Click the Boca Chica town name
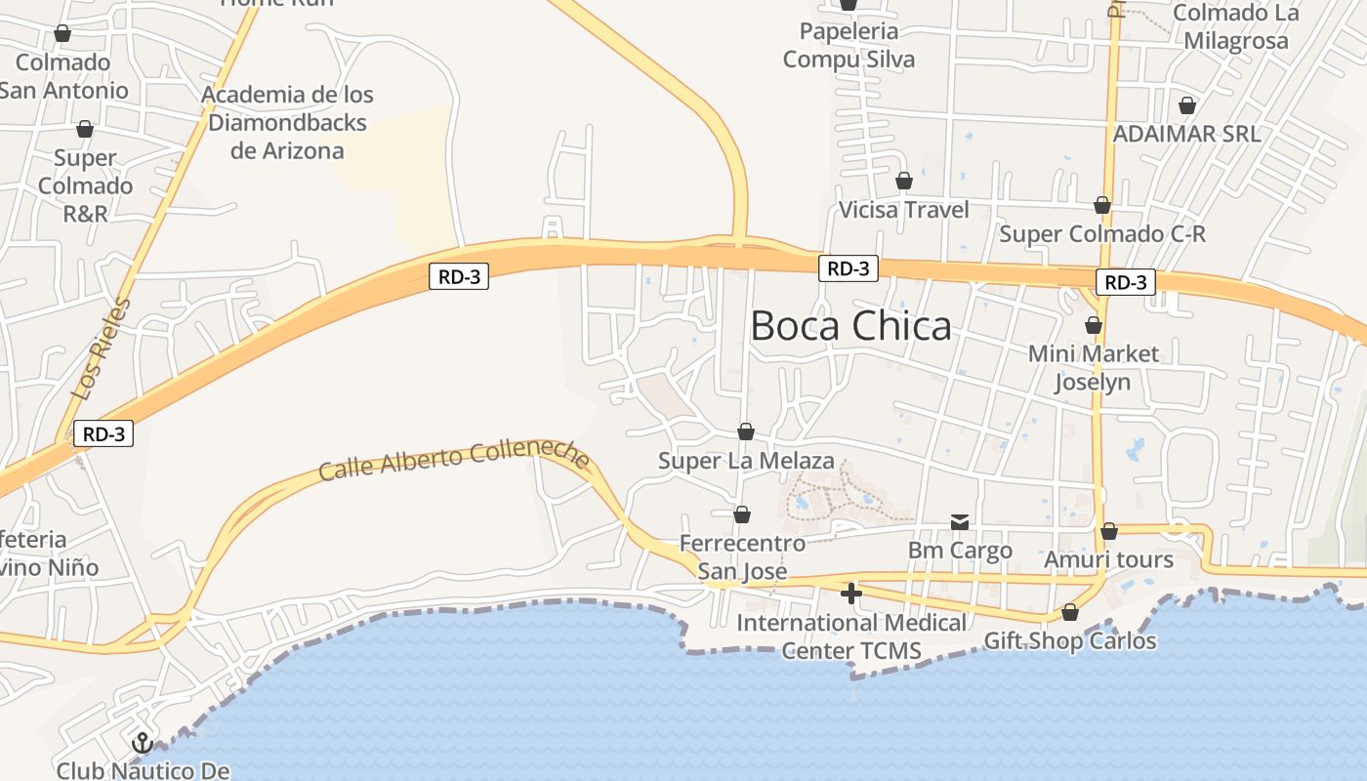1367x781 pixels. point(850,326)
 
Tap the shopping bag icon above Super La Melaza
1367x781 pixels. point(746,432)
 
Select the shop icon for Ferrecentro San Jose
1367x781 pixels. point(742,514)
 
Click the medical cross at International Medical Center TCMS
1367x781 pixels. point(851,593)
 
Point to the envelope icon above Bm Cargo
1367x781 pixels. point(960,523)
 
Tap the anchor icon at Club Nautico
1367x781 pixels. point(142,743)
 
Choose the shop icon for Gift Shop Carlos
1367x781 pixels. point(1070,612)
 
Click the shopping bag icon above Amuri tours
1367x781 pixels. point(1109,531)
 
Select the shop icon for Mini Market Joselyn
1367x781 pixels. point(1094,325)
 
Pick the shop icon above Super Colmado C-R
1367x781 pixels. point(1102,205)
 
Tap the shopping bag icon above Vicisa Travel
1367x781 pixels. point(904,181)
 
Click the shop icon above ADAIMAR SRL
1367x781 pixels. point(1187,105)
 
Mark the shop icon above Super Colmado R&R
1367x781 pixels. point(85,129)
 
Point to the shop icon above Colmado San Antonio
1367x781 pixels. point(62,34)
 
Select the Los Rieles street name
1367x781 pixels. point(102,349)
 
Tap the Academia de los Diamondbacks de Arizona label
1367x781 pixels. point(288,123)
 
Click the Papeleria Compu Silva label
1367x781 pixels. point(849,45)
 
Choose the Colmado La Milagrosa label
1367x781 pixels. point(1236,27)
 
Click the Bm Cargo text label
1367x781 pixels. point(960,551)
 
